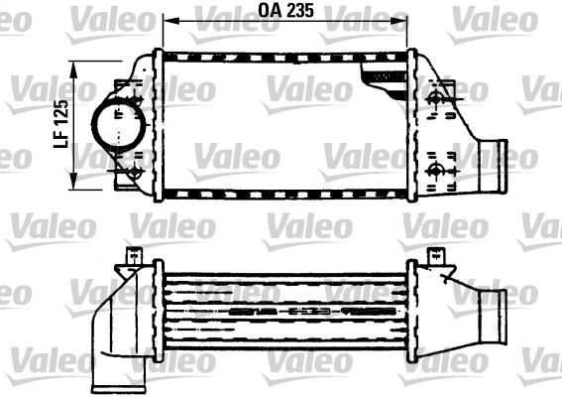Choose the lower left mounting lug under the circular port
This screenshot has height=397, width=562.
[129, 178]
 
